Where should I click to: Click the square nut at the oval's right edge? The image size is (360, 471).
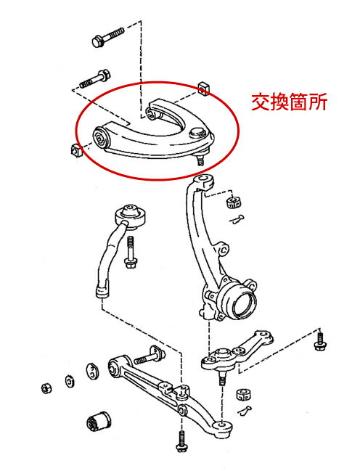click(204, 89)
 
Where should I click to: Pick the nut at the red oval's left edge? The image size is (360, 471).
click(75, 150)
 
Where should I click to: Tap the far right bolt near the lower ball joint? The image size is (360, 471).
click(319, 340)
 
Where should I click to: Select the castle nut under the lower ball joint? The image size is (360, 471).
click(243, 395)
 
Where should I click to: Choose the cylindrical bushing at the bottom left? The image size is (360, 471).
click(98, 419)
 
